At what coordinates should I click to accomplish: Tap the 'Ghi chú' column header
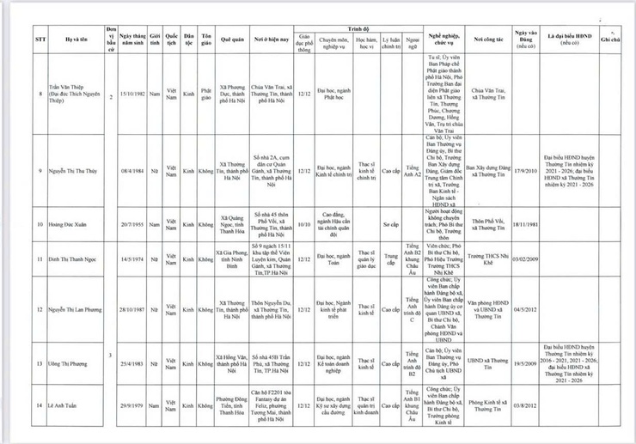pos(611,39)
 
